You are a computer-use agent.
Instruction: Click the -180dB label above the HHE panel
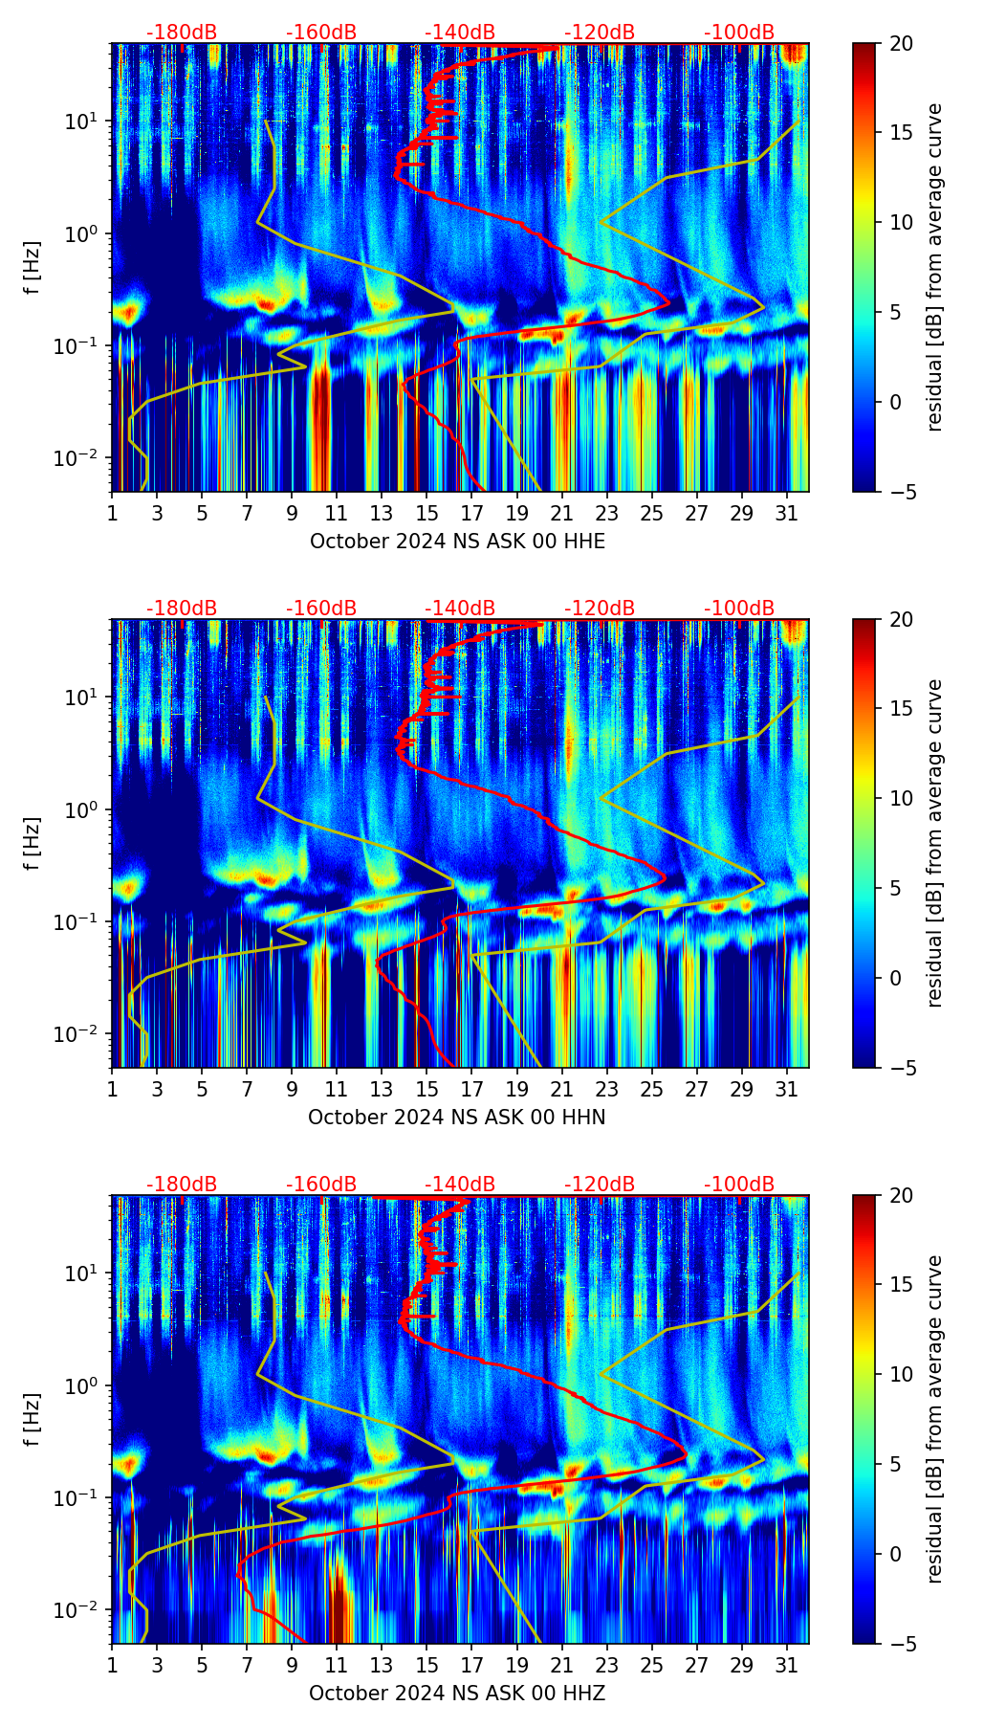[x=182, y=33]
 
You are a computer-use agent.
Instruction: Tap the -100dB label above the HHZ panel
[x=739, y=1185]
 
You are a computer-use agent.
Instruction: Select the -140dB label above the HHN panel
[x=460, y=609]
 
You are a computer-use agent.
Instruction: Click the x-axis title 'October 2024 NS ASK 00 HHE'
[x=457, y=542]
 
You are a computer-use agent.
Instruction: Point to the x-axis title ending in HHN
[x=456, y=1118]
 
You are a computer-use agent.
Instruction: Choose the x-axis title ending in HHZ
[x=456, y=1694]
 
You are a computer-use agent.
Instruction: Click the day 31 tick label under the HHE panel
[x=787, y=512]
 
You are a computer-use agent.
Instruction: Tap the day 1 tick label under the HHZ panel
[x=113, y=1664]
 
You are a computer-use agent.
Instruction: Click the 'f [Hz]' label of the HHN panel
[x=33, y=843]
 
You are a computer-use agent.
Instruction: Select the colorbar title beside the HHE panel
[x=934, y=267]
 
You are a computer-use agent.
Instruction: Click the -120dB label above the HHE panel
[x=600, y=33]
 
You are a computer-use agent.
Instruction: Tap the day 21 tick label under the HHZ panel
[x=562, y=1664]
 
